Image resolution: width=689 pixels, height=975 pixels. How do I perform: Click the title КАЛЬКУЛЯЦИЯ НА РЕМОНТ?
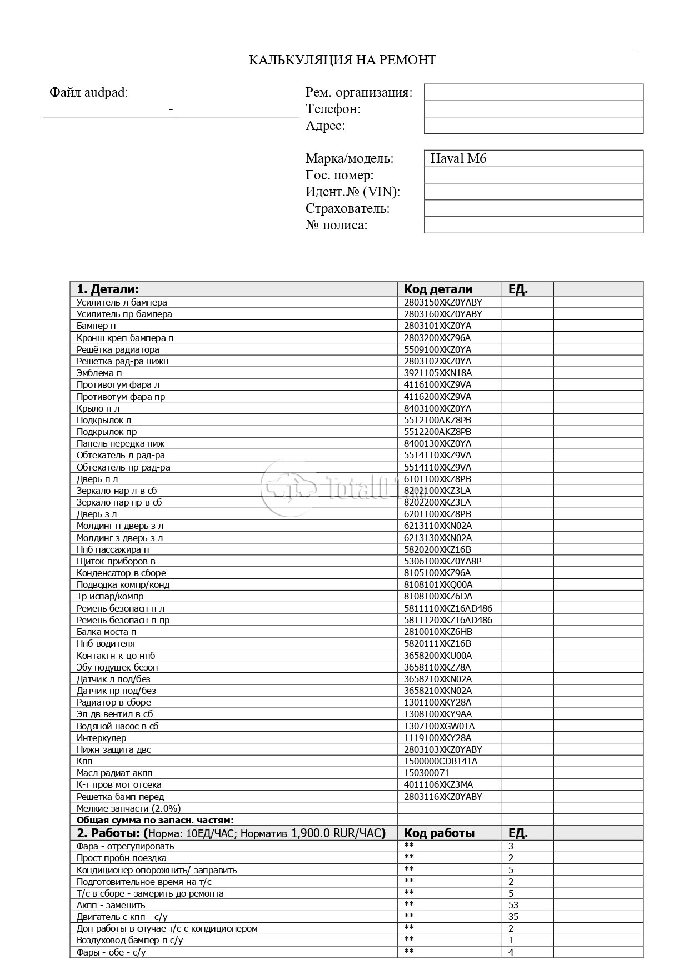(342, 60)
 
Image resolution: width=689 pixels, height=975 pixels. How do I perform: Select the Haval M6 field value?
(458, 158)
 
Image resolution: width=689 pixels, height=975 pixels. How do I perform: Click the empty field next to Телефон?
(533, 109)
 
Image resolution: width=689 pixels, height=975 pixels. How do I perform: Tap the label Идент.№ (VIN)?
(353, 192)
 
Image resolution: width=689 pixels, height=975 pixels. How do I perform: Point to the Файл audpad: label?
(88, 92)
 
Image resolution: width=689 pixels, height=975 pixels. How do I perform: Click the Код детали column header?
(438, 289)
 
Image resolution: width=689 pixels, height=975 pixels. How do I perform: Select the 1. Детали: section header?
(108, 289)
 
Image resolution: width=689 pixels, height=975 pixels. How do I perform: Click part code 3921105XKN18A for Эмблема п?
(438, 373)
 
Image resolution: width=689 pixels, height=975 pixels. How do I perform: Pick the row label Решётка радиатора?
(118, 349)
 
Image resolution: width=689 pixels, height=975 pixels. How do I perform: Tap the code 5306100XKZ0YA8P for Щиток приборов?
(443, 561)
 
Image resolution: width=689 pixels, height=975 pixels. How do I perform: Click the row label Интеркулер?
(101, 738)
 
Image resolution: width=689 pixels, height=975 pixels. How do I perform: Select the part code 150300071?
(427, 773)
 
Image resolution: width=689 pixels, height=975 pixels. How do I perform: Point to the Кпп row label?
(84, 761)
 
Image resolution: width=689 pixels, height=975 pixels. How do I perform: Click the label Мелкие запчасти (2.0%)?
(128, 808)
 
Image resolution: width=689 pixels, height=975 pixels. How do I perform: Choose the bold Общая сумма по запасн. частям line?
(155, 820)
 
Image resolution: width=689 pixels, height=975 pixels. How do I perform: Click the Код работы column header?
(439, 833)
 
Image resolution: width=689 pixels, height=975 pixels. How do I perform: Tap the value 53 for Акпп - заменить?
(513, 905)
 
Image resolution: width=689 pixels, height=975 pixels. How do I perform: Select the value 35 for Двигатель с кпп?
(513, 917)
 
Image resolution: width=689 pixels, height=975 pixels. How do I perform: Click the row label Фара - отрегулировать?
(125, 846)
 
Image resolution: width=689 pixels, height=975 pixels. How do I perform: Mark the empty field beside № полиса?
(533, 225)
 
